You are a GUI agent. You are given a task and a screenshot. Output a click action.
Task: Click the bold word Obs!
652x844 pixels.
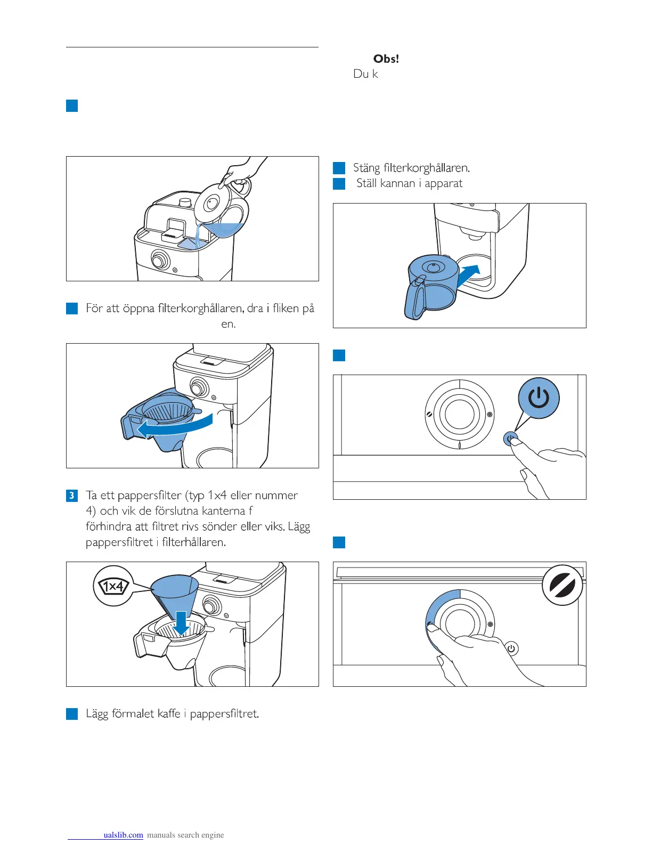[x=386, y=59]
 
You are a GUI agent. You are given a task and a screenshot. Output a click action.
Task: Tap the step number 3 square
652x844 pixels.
[x=72, y=496]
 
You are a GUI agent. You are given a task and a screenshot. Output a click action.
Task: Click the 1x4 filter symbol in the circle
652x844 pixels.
[x=112, y=587]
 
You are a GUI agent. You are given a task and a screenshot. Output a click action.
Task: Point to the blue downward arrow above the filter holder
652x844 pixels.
[x=182, y=623]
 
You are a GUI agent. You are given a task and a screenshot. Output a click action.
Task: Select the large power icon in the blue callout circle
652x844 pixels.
[x=539, y=398]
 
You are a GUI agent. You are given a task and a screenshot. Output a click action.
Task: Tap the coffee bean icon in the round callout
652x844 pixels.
[x=562, y=585]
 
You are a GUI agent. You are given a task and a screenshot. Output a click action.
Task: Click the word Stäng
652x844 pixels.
[x=366, y=168]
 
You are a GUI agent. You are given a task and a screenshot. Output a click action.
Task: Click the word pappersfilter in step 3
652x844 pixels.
[x=150, y=496]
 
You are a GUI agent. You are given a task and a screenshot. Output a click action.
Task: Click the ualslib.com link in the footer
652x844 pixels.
[x=123, y=835]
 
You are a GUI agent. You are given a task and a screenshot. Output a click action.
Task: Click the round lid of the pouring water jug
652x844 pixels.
[x=212, y=203]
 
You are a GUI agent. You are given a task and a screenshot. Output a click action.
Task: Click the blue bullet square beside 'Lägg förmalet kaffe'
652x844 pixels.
[x=72, y=714]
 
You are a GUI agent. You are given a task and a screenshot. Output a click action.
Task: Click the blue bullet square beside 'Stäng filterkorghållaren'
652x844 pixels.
[x=339, y=168]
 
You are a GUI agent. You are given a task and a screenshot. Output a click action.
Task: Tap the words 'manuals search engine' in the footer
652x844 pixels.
[x=185, y=835]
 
